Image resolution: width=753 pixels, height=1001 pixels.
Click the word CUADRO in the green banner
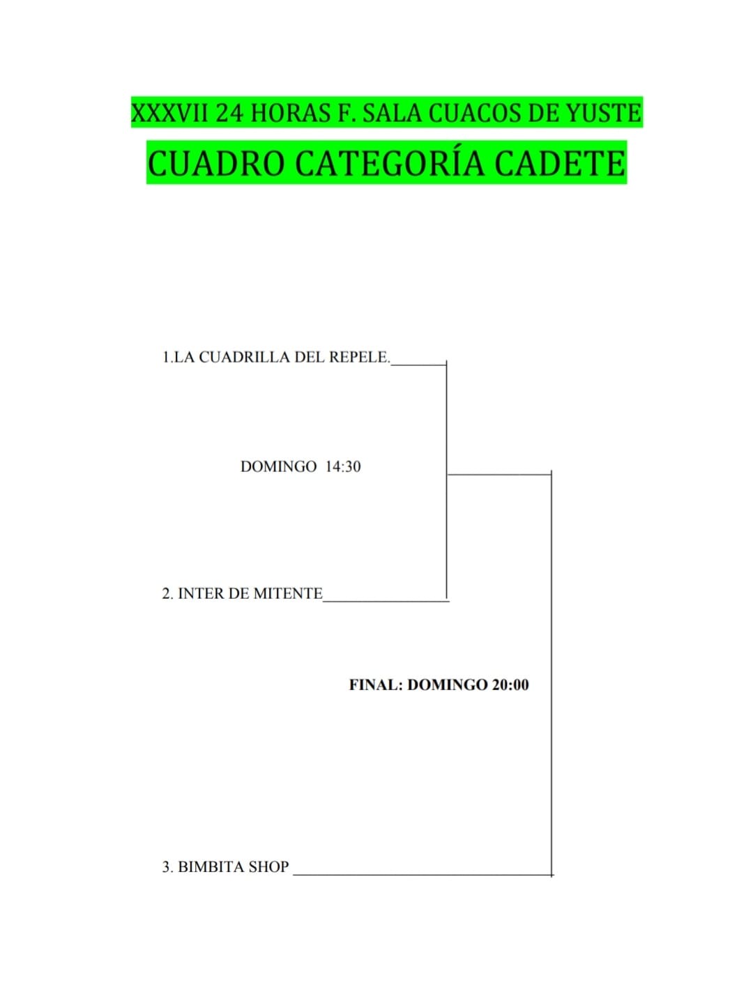(x=215, y=163)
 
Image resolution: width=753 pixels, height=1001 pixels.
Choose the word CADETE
(x=560, y=163)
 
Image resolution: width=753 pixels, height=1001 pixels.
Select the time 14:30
(x=343, y=466)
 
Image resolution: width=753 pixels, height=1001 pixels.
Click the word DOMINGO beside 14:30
(x=278, y=466)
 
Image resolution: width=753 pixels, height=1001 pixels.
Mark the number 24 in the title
(x=230, y=113)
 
